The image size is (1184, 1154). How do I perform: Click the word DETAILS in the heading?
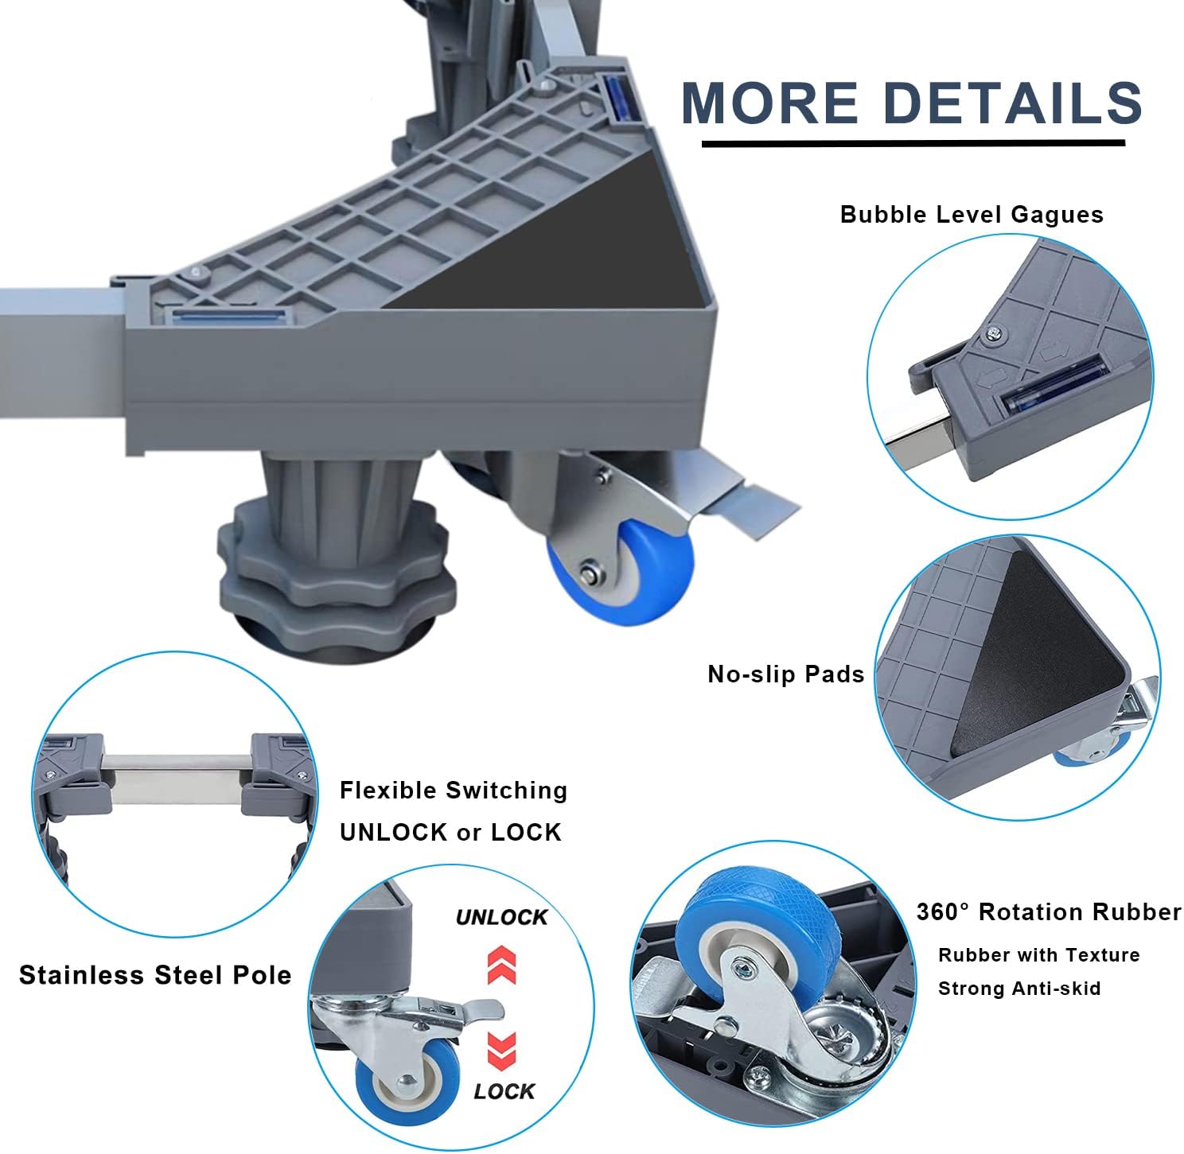[1012, 103]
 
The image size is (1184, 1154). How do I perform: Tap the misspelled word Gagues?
[1057, 216]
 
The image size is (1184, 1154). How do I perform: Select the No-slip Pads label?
[785, 674]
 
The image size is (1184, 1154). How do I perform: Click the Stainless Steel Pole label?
[155, 975]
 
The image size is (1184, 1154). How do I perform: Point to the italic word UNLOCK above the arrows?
[502, 917]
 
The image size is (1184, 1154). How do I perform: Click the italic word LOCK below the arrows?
[504, 1091]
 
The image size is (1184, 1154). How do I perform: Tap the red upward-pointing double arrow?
[502, 965]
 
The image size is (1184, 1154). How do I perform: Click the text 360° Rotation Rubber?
[1049, 912]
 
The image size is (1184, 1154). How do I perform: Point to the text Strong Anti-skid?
[1019, 989]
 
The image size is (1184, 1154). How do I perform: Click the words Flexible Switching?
[454, 791]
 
